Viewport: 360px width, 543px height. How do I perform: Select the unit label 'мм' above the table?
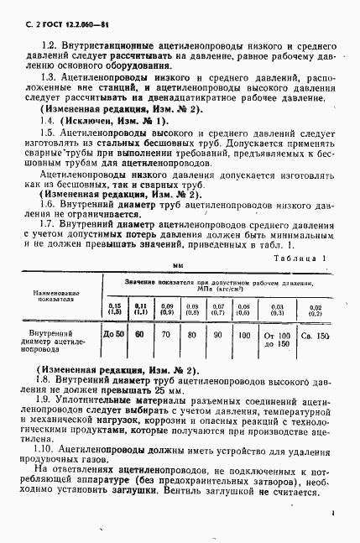click(178, 266)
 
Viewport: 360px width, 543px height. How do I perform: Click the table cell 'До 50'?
click(113, 335)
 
